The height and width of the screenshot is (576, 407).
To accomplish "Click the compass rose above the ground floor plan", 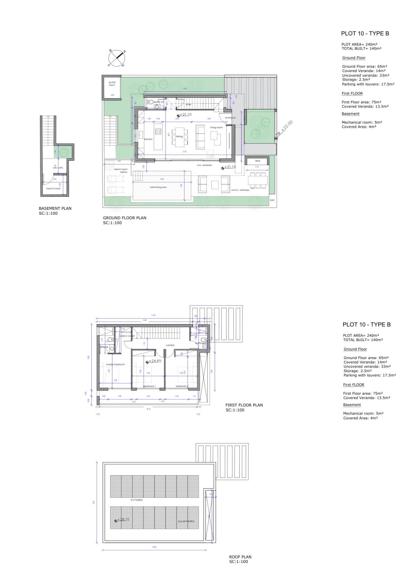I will pos(116,57).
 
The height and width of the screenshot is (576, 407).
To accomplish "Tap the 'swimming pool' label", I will pos(158,187).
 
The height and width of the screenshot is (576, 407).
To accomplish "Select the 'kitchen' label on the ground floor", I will pos(148,139).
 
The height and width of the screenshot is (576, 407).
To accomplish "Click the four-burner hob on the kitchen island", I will pos(158,131).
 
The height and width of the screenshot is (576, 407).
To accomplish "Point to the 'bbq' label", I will pos(258,161).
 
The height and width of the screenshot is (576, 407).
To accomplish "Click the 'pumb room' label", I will pos(112,84).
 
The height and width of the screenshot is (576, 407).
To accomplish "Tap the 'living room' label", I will pos(216,127).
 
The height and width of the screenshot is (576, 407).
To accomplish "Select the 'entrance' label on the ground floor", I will pos(230,117).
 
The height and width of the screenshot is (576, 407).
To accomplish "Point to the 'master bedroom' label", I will pos(115,364).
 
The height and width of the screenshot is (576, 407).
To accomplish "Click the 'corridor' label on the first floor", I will pos(170,345).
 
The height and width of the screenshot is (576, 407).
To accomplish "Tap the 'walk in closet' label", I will pos(127,336).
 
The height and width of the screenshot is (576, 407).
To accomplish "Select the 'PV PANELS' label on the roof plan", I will pos(136,500).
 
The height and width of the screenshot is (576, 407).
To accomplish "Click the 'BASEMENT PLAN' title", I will pos(55,208).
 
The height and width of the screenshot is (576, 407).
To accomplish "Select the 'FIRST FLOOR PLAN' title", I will pos(244,405).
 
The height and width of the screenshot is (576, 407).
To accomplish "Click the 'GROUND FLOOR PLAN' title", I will pos(125,218).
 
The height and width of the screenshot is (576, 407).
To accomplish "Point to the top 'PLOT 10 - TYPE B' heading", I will pos(365,33).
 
